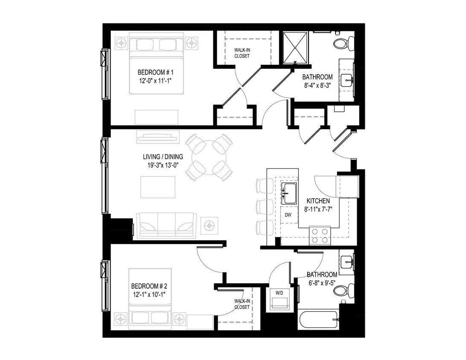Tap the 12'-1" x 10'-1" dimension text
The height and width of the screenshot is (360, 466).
coord(148,294)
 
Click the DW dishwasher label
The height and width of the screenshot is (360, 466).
coord(288,215)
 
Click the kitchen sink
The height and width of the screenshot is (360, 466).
coord(289,193)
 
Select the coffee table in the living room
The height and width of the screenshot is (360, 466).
coord(157,187)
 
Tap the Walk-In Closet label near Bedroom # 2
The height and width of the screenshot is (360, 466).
coord(242,304)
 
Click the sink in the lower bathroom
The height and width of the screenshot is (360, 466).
coord(347,260)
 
